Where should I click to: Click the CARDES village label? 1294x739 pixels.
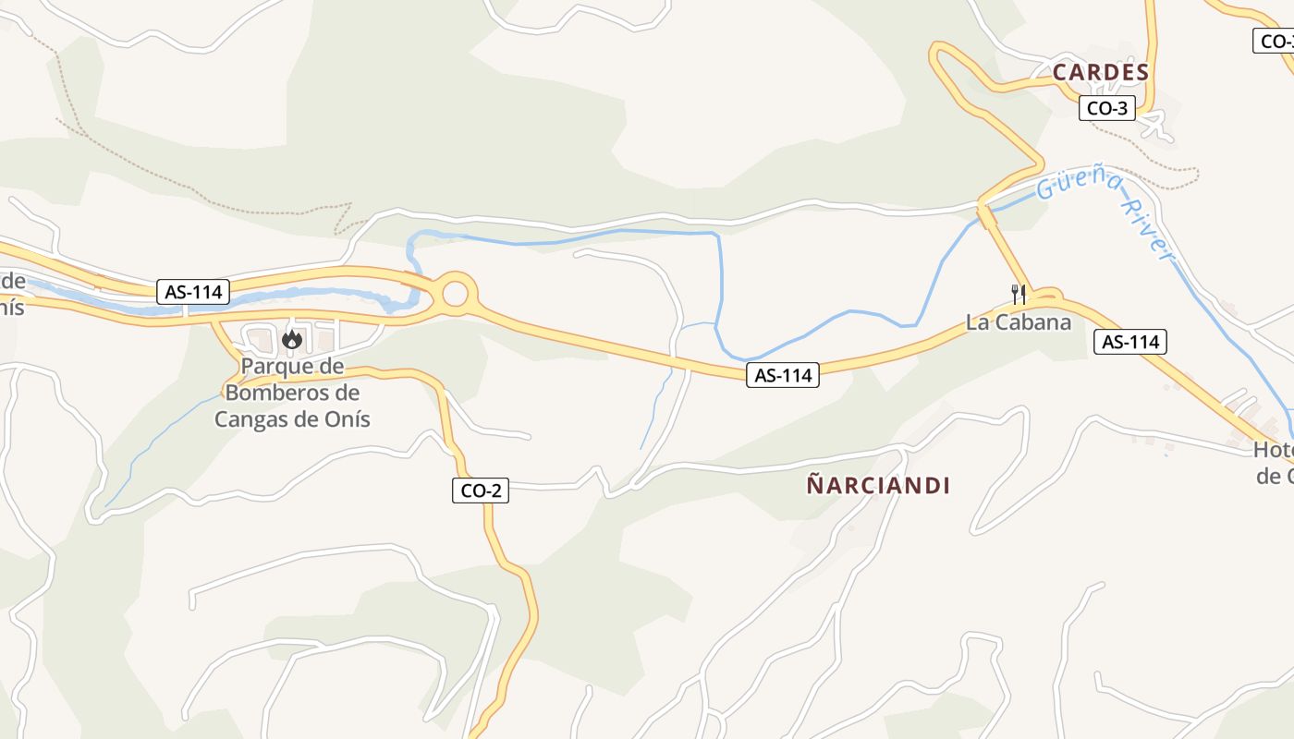(1101, 72)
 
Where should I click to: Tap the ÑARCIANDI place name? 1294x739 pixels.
(878, 485)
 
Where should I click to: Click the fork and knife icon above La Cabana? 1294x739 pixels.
(1019, 295)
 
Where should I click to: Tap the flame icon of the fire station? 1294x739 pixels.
(292, 340)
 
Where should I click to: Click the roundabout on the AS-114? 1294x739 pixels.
(455, 294)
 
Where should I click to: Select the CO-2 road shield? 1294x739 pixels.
(481, 491)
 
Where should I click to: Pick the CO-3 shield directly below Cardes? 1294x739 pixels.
(1106, 108)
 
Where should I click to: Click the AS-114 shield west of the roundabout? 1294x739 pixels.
(194, 292)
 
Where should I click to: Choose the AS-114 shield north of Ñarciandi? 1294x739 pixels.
(783, 375)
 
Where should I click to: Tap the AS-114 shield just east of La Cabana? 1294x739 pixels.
(1130, 342)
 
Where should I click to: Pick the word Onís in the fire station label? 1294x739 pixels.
(348, 418)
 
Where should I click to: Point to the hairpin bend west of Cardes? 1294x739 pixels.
(938, 55)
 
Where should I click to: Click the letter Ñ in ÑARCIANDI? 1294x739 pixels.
(814, 484)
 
